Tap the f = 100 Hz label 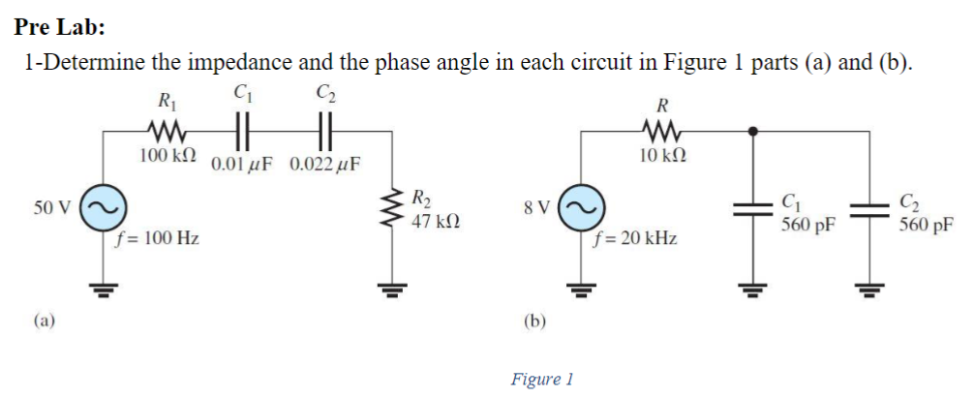(x=157, y=238)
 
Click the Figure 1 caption (x=542, y=379)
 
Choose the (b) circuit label (x=534, y=320)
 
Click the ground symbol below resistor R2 (x=393, y=288)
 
